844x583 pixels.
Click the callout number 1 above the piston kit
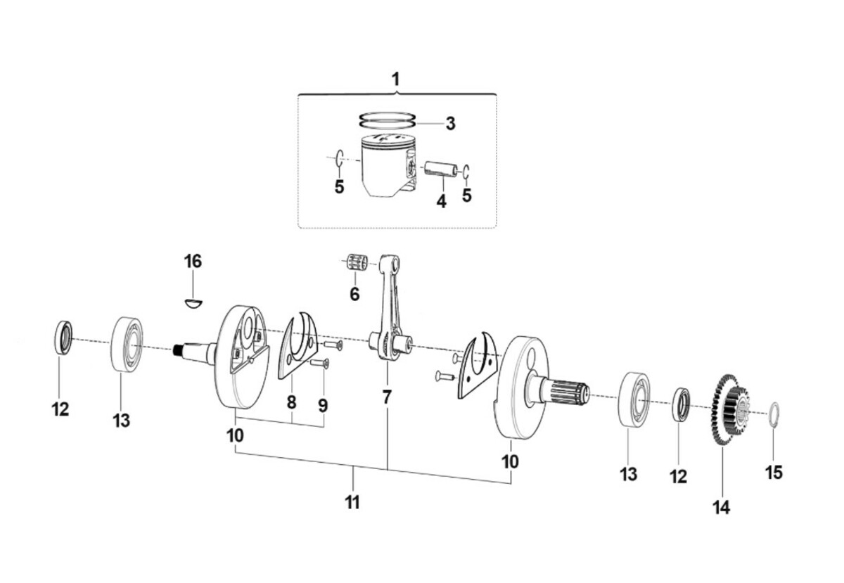click(x=395, y=79)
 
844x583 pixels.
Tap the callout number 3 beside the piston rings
click(x=450, y=124)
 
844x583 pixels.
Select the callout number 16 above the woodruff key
click(x=193, y=262)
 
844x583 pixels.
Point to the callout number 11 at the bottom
click(x=352, y=502)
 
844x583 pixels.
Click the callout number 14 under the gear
click(x=721, y=508)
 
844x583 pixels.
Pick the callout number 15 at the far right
click(x=774, y=472)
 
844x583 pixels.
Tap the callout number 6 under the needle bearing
click(x=354, y=294)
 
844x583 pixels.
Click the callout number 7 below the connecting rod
click(x=387, y=397)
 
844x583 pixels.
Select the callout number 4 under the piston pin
click(x=441, y=202)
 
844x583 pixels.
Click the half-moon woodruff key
click(x=193, y=303)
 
